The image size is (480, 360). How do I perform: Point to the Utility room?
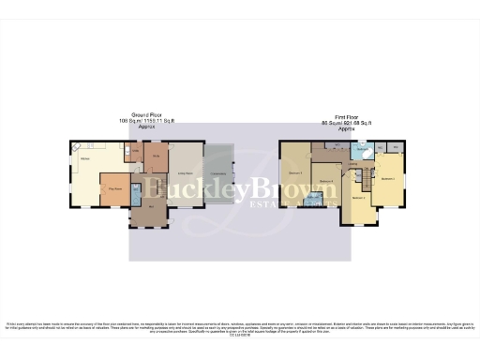[135, 152]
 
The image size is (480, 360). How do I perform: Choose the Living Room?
[187, 172]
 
